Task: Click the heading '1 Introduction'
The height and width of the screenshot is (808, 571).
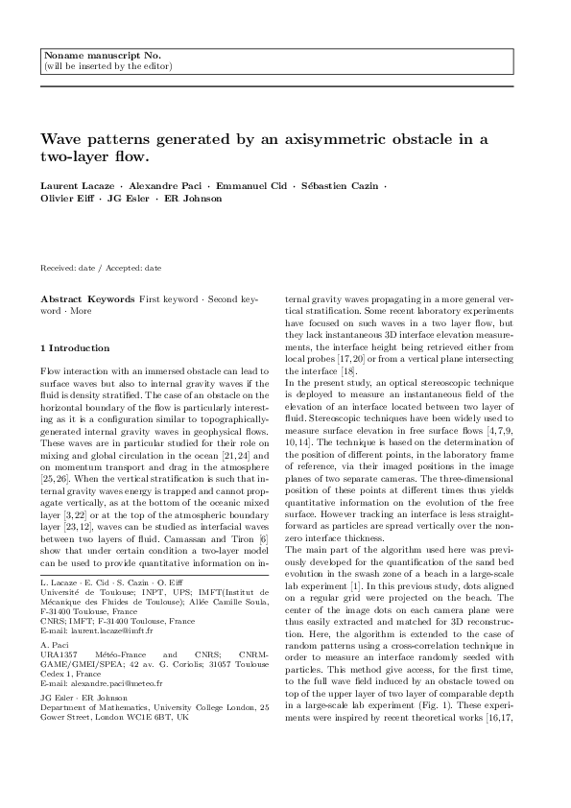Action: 76,347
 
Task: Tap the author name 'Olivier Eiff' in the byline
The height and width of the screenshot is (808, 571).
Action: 66,199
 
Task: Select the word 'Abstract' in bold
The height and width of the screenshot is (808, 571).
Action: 61,299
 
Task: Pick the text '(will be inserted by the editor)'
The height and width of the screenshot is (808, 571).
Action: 108,66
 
